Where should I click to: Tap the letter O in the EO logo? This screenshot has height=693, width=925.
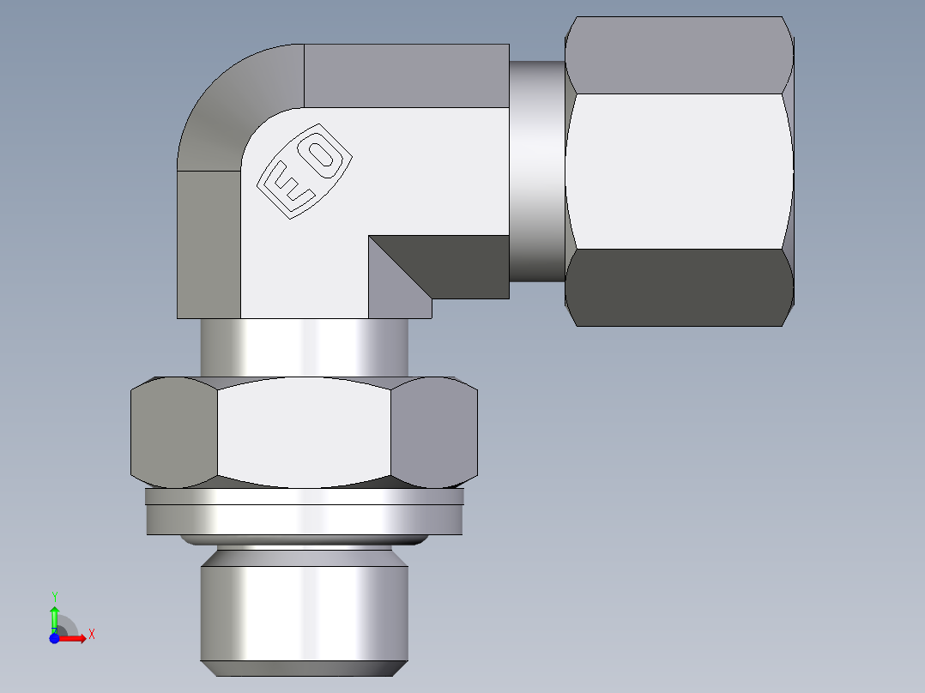(322, 155)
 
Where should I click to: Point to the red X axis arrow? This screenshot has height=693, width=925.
(74, 638)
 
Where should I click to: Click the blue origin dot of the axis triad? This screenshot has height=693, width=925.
(54, 638)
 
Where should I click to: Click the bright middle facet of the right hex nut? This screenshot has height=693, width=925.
(678, 172)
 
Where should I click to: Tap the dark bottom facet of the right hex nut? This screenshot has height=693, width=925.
(678, 287)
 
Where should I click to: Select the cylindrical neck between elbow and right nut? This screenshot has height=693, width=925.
(537, 172)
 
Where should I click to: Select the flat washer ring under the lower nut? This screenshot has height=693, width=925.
(305, 519)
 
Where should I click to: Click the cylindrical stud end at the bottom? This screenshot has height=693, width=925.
(305, 609)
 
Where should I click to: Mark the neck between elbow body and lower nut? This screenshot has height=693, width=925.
(305, 347)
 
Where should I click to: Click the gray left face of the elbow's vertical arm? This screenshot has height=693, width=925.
(208, 244)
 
